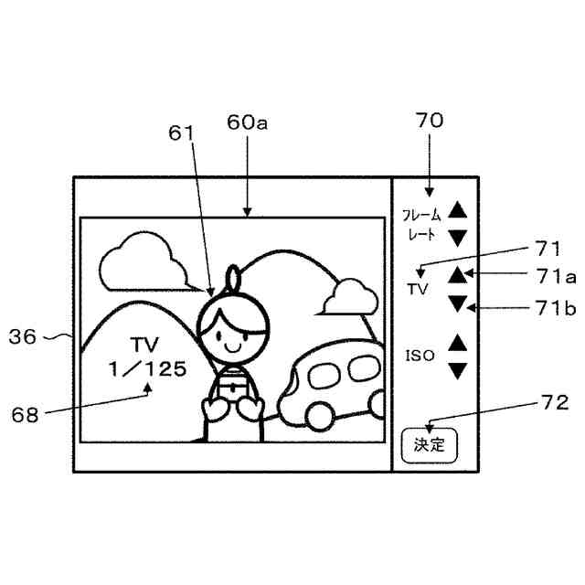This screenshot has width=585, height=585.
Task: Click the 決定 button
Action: pos(429,445)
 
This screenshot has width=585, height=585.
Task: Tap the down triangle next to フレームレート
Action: pos(458,237)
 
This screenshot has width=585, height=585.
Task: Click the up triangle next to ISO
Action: pos(458,343)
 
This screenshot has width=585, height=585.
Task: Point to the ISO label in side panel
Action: pos(420,354)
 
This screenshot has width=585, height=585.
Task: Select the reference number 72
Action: pos(554,402)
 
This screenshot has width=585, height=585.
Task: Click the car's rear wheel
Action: pos(319,416)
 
